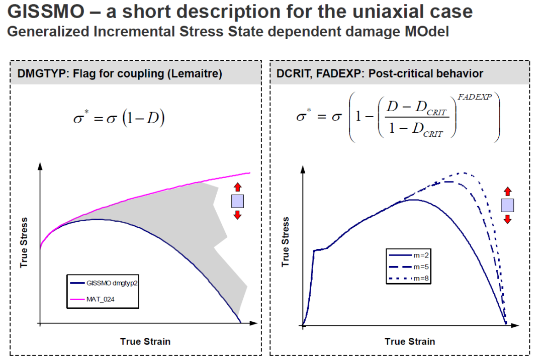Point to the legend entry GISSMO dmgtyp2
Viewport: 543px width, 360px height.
click(112, 283)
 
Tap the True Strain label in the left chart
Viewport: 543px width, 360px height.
click(145, 341)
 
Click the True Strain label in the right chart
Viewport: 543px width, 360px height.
click(410, 341)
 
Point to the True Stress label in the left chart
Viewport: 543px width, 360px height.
click(24, 242)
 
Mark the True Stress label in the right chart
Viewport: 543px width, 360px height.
click(286, 242)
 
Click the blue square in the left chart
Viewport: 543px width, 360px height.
click(237, 201)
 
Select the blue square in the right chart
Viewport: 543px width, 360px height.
click(508, 205)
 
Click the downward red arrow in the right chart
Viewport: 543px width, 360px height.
click(508, 219)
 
